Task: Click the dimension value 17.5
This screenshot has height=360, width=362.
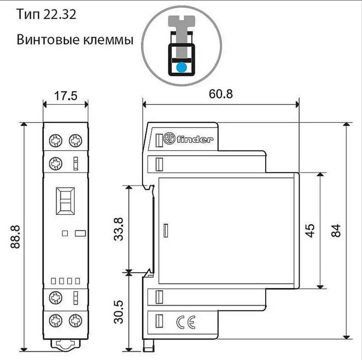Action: (65, 96)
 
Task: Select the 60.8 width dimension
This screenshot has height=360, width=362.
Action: (220, 94)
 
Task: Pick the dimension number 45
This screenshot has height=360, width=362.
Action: (310, 230)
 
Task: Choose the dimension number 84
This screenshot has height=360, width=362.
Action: (335, 230)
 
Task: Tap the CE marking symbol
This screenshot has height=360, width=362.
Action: (186, 322)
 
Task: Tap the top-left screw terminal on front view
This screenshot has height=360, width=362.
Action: (56, 141)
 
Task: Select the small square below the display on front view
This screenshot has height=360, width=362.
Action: (65, 233)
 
